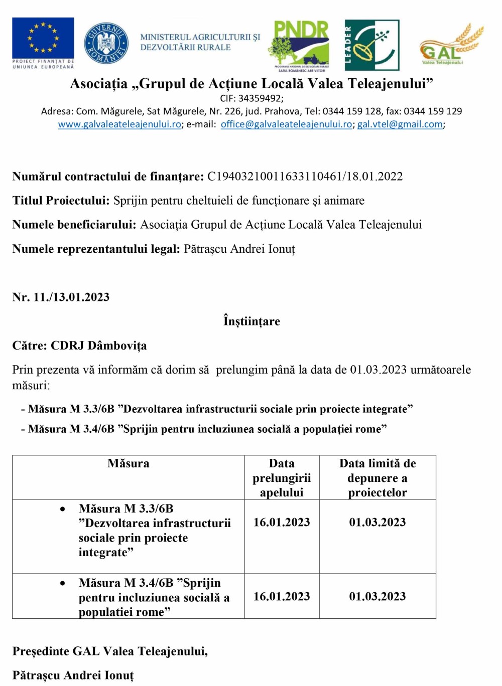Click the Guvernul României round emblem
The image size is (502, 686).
coord(106,43)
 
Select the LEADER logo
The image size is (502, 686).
coord(372,45)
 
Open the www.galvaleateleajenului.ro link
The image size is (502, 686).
coord(119,124)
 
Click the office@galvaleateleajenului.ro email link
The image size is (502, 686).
coord(286,124)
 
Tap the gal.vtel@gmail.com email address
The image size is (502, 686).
coord(400,124)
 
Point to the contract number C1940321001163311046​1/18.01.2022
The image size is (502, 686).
coord(305,177)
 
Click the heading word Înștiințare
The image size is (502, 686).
coord(252,321)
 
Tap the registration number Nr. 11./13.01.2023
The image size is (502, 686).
coord(61,297)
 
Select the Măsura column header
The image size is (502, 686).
coord(129,464)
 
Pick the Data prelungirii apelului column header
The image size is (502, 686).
coord(282,478)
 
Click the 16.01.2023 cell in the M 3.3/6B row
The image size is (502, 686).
coord(282,523)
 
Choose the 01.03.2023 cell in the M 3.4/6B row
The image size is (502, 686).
coord(378,597)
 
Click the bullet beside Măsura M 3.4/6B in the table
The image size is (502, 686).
coord(63,583)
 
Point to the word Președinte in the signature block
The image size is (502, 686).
coord(41,651)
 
